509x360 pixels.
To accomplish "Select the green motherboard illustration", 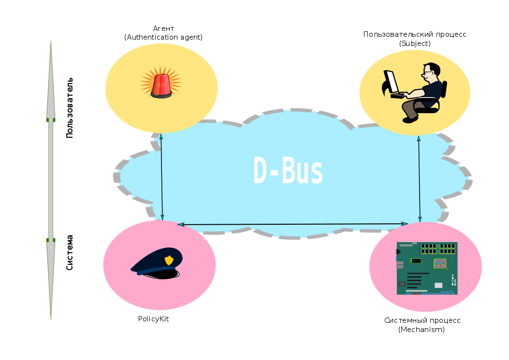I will pos(427,268).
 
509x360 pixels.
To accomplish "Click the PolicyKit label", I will pos(153,319).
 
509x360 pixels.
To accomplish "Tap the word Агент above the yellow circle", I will pos(163,29).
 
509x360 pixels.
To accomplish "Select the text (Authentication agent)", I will pos(163,37).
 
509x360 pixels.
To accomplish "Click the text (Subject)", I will pos(415,43).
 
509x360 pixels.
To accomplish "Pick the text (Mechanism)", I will pos(422,330).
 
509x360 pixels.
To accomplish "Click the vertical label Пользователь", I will pos(70,107).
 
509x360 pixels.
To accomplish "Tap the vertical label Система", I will pos(70,252).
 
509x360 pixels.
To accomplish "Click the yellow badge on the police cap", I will pos(169,260).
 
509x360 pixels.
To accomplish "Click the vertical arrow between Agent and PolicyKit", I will pos(161,177).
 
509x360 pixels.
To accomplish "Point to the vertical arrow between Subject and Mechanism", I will pos(419,178).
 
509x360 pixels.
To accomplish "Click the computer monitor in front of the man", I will pos(391,82).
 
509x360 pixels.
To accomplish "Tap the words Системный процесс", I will pos(422,320).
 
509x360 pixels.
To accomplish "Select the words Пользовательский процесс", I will pos(415,34).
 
